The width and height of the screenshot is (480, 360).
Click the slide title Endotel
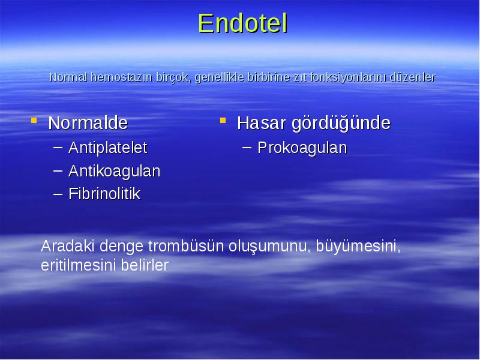(243, 23)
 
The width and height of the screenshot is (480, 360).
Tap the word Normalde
(88, 123)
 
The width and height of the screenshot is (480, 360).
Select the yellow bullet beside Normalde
(34, 121)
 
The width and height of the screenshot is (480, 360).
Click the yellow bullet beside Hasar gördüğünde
(223, 121)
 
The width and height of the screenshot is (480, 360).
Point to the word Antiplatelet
(108, 148)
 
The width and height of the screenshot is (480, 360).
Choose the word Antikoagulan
(114, 171)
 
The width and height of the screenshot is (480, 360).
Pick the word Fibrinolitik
(104, 194)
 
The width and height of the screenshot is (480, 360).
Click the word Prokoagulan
(302, 148)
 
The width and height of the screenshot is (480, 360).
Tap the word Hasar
(262, 123)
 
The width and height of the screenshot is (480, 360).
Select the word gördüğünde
(341, 124)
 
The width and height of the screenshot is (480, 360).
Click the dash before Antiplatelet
(58, 147)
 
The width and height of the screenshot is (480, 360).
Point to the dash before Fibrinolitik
(58, 193)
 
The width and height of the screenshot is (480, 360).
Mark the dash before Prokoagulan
(247, 147)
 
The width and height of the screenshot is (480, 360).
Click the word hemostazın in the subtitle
(122, 77)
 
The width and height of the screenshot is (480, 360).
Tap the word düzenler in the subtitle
(413, 77)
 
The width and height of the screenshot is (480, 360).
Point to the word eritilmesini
(79, 265)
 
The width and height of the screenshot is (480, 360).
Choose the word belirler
(145, 265)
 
